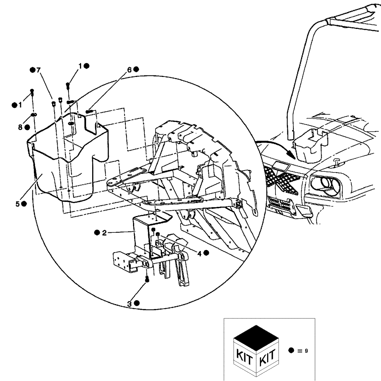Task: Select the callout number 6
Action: point(129,70)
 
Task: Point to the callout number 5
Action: point(18,204)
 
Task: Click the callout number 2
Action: point(104,233)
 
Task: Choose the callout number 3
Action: point(130,303)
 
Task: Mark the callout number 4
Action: point(199,253)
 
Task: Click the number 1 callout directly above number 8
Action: point(20,105)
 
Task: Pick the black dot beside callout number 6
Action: point(136,69)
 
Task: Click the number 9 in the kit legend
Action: point(306,351)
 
